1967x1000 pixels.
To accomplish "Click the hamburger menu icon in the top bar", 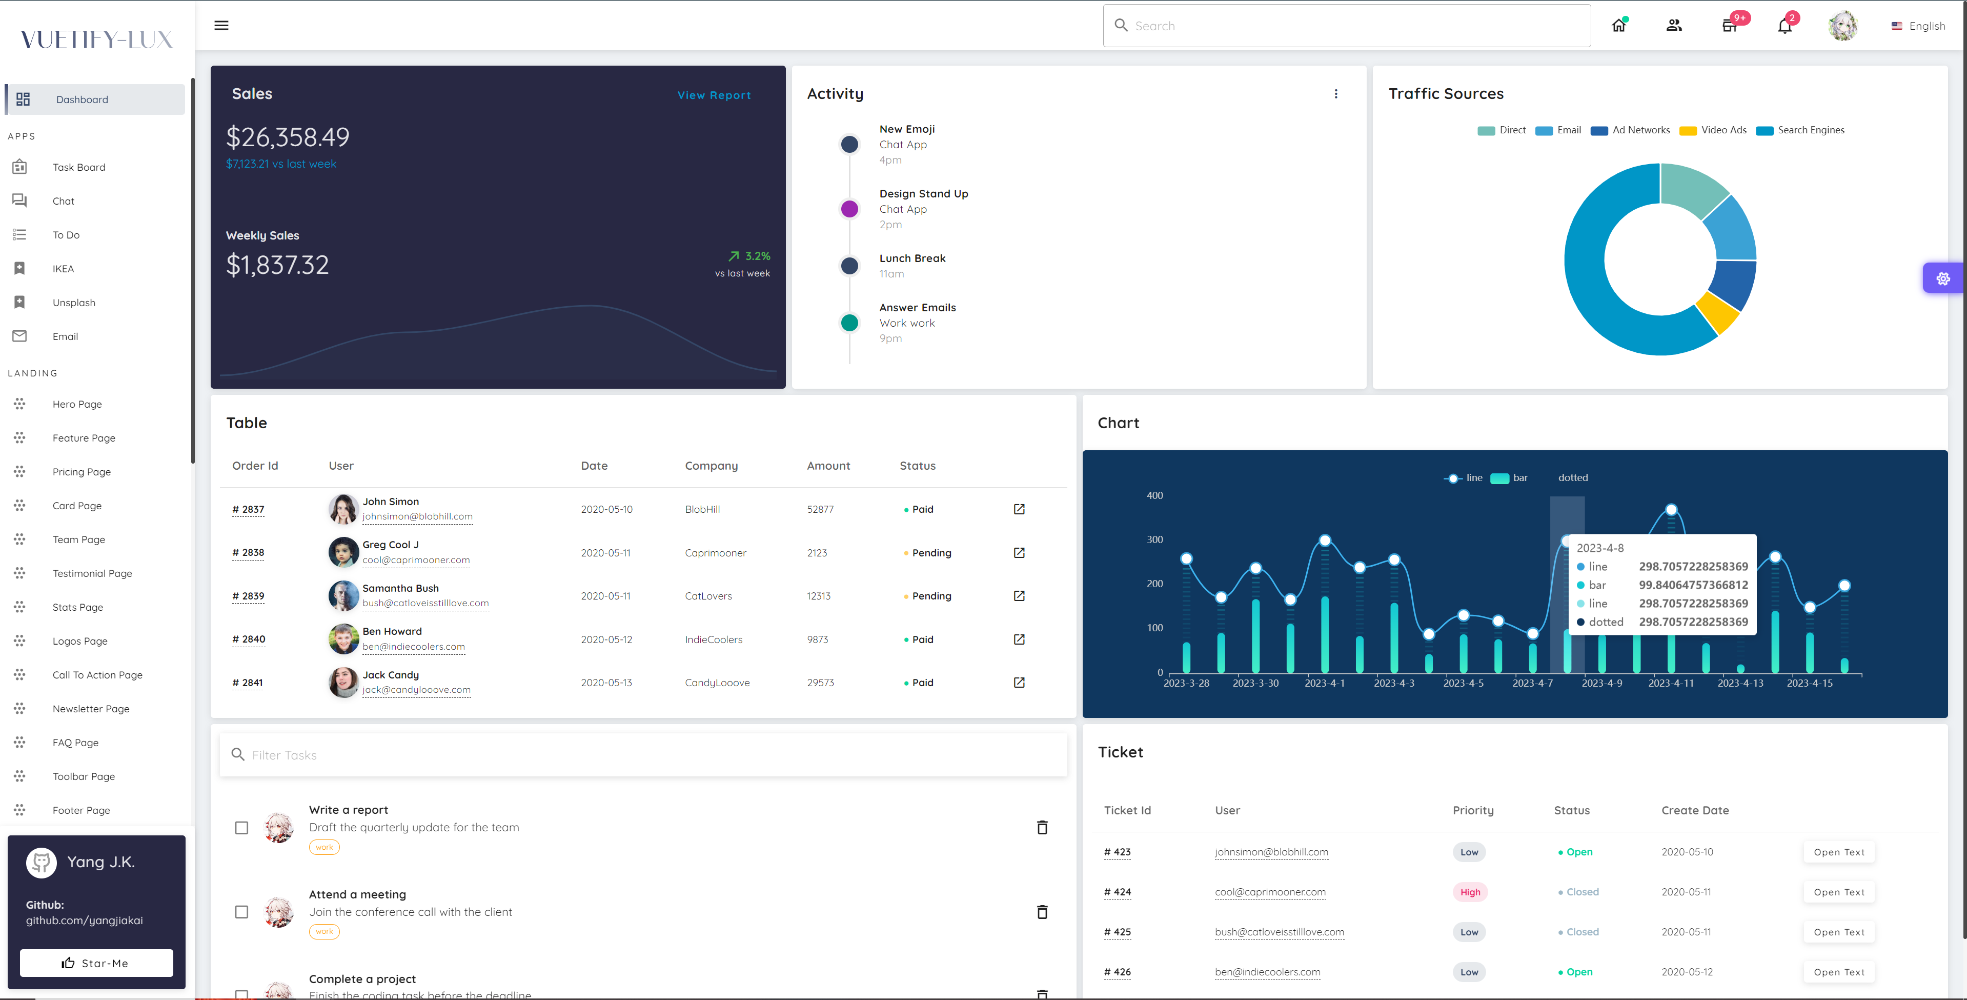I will [x=221, y=25].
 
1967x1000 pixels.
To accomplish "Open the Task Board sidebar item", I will [x=78, y=167].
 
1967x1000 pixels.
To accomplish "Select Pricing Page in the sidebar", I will [x=81, y=472].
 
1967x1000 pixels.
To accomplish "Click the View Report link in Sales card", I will [x=714, y=95].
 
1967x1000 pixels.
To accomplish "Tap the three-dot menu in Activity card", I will [x=1335, y=94].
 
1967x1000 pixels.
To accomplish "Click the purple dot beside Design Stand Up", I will [x=849, y=209].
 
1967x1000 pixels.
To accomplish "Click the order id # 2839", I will [x=248, y=596].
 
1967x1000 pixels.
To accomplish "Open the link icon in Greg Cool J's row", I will [x=1019, y=552].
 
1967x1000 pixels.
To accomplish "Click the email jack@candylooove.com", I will [x=416, y=690].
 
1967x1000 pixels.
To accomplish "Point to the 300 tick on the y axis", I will [x=1154, y=539].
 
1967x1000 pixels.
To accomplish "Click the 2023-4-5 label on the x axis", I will [x=1463, y=683].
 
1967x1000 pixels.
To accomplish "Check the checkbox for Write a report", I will [x=241, y=828].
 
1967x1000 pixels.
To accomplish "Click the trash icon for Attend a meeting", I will [x=1042, y=912].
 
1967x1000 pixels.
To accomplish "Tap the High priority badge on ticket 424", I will [x=1470, y=892].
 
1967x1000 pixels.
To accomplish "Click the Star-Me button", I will [x=96, y=963].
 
